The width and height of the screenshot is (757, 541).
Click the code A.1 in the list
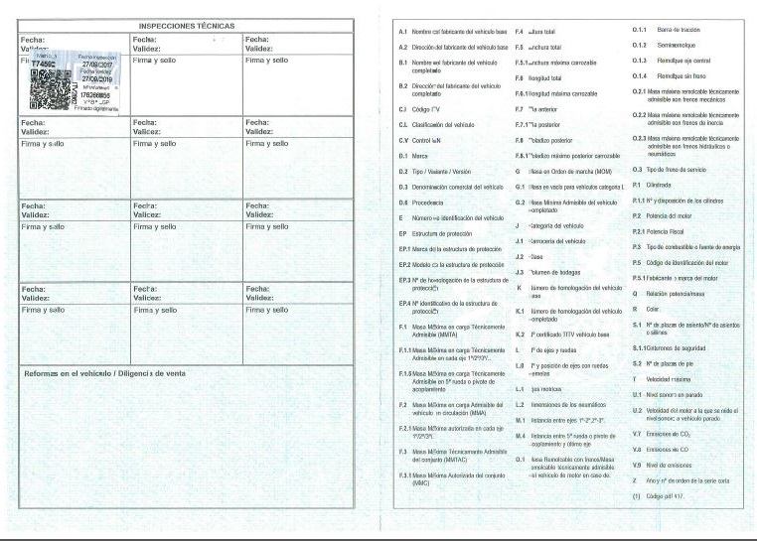click(x=403, y=33)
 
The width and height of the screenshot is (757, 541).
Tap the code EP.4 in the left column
click(x=405, y=303)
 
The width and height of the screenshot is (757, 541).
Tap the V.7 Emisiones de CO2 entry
click(x=670, y=434)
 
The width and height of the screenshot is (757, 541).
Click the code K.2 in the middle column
click(x=521, y=335)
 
